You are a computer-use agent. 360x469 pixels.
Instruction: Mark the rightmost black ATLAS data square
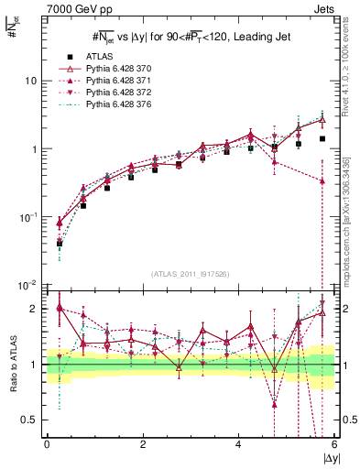(x=322, y=139)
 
